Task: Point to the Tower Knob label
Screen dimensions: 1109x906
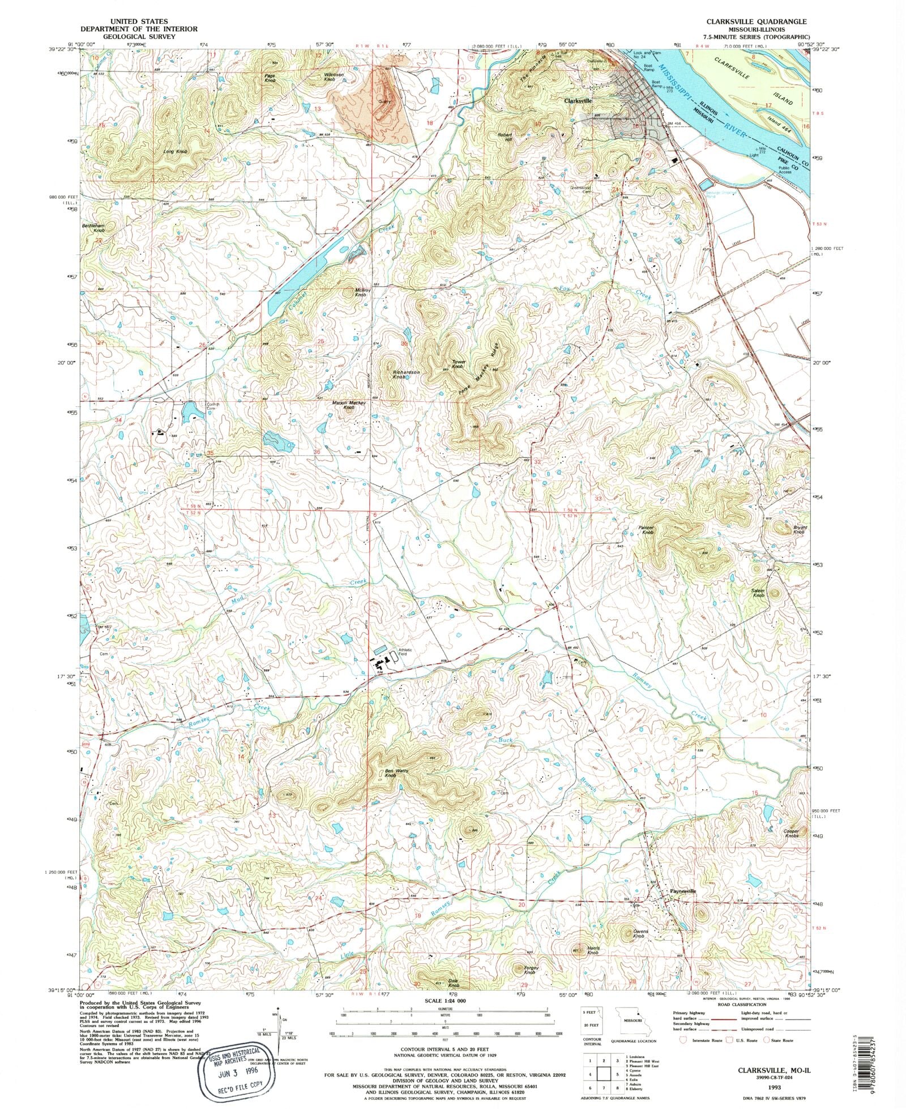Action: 458,364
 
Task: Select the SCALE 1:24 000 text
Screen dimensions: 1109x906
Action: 445,1002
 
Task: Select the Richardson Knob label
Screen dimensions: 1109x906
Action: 406,374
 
